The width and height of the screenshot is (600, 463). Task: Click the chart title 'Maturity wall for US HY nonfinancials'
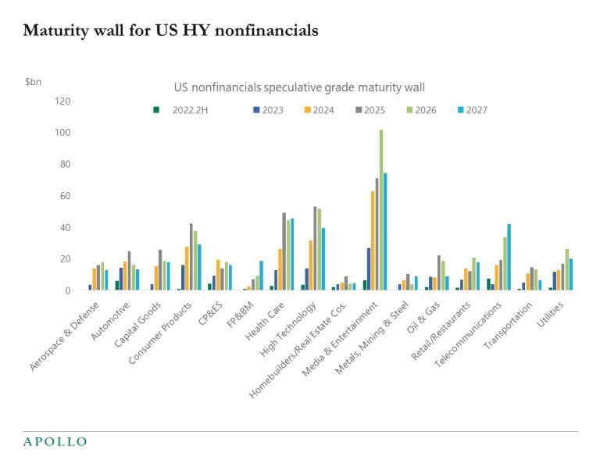170,31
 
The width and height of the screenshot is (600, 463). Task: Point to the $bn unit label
34,81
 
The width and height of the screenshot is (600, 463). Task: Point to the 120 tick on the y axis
62,102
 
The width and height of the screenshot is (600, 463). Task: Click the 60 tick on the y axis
65,196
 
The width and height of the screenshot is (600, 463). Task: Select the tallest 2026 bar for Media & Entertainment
380,210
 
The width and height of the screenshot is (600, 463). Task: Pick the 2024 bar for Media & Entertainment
373,240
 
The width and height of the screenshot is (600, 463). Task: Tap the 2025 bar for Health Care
284,251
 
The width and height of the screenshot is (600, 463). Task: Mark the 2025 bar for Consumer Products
191,257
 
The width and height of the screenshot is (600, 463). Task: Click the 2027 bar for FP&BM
261,276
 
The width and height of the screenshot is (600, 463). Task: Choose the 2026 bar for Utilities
566,269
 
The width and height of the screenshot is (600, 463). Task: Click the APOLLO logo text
55,442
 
